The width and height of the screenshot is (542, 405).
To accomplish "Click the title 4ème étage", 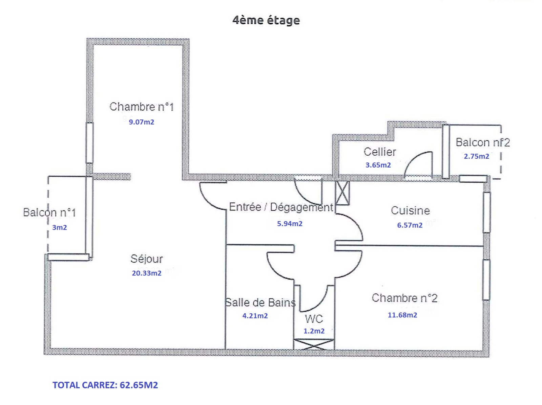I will pyautogui.click(x=266, y=20).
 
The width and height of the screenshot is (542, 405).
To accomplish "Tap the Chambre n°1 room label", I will pyautogui.click(x=142, y=107).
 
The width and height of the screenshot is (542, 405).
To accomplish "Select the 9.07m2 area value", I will pyautogui.click(x=141, y=122).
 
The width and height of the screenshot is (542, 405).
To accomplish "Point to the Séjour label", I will pyautogui.click(x=147, y=259).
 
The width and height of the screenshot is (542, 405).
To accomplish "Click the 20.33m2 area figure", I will pyautogui.click(x=146, y=273).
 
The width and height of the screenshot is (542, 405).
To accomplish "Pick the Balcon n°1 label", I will pyautogui.click(x=49, y=212).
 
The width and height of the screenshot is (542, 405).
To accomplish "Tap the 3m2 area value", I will pyautogui.click(x=59, y=228).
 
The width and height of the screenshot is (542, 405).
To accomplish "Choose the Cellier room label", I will pyautogui.click(x=380, y=152).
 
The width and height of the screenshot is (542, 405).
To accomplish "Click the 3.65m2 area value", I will pyautogui.click(x=378, y=165).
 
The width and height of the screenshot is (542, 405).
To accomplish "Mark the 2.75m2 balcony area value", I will pyautogui.click(x=476, y=156).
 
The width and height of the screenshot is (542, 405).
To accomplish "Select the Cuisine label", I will pyautogui.click(x=410, y=210).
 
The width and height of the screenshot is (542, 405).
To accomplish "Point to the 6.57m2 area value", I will pyautogui.click(x=410, y=225).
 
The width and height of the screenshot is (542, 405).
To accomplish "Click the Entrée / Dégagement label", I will pyautogui.click(x=281, y=207).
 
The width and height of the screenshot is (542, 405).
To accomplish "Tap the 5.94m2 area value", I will pyautogui.click(x=290, y=224).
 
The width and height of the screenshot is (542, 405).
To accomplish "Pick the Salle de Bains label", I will pyautogui.click(x=260, y=302).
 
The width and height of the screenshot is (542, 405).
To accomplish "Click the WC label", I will pyautogui.click(x=314, y=319).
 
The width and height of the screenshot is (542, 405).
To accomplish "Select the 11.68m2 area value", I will pyautogui.click(x=402, y=315).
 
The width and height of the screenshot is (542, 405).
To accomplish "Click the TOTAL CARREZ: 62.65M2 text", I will pyautogui.click(x=105, y=385).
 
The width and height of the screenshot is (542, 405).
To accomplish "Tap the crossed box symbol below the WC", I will pyautogui.click(x=314, y=344).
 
